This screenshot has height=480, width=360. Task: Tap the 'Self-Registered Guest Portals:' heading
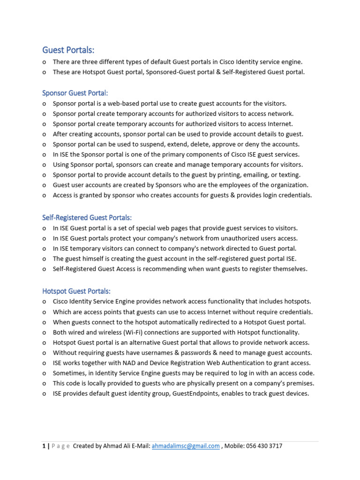click(x=87, y=217)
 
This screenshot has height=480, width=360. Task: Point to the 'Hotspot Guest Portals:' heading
click(x=76, y=291)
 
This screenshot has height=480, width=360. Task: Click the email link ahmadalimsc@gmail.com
click(x=186, y=446)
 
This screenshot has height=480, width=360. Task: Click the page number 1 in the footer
click(x=44, y=446)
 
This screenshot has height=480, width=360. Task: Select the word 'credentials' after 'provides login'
click(x=294, y=195)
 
